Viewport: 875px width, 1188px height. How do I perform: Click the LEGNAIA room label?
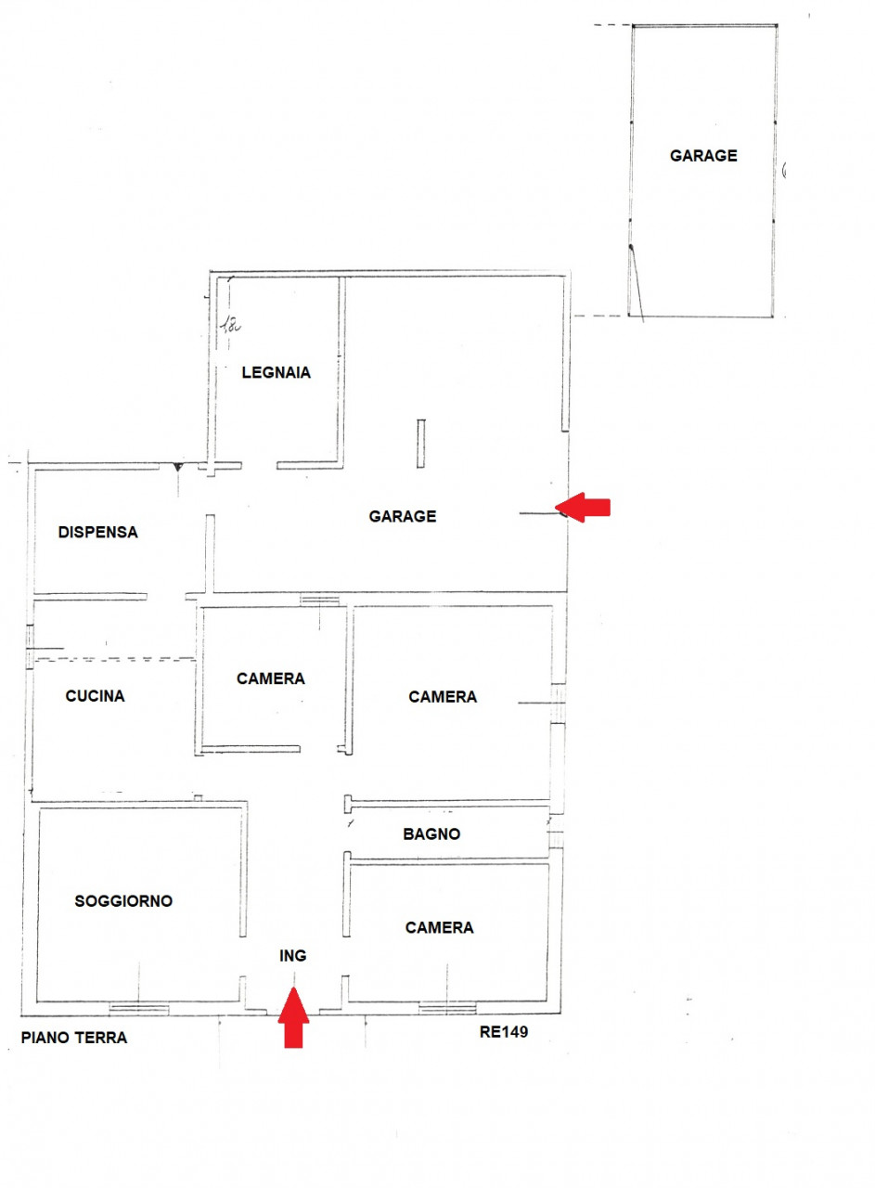click(x=277, y=372)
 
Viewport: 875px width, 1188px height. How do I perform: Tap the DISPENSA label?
click(x=98, y=532)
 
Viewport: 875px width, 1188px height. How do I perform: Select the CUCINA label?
click(x=95, y=696)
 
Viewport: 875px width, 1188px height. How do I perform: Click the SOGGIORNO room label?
click(x=123, y=900)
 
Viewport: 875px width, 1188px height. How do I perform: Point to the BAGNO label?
click(x=431, y=833)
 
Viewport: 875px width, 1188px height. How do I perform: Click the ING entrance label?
click(x=292, y=955)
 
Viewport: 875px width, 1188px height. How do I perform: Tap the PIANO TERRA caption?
click(x=74, y=1038)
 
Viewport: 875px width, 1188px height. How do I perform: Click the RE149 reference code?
click(x=504, y=1031)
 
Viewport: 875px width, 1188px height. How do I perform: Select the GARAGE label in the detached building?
click(x=703, y=155)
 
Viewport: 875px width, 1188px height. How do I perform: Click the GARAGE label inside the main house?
click(x=403, y=516)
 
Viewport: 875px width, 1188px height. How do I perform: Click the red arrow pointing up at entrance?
click(x=294, y=1017)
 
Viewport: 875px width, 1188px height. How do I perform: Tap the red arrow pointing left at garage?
click(x=583, y=508)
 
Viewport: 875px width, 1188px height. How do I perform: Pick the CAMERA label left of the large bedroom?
click(x=271, y=678)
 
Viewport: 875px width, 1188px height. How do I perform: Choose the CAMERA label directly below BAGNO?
click(x=440, y=927)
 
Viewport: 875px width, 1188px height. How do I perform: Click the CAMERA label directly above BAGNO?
click(x=443, y=696)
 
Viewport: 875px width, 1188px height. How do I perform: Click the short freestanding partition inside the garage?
click(x=420, y=444)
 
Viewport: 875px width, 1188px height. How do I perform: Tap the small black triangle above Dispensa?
click(x=177, y=467)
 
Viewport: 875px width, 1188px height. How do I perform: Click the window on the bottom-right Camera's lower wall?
click(x=447, y=1008)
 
